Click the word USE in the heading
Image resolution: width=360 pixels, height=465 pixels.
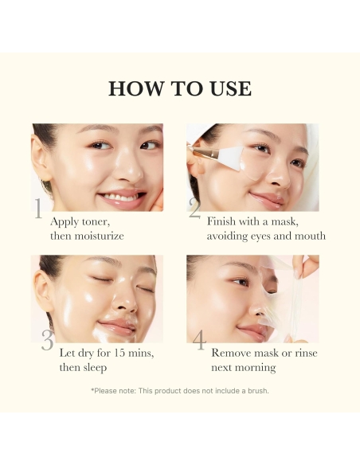click(x=229, y=88)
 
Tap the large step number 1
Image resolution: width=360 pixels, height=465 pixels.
click(x=37, y=209)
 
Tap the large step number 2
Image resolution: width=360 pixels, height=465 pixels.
click(x=195, y=209)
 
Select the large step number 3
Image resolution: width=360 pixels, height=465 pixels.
click(x=47, y=341)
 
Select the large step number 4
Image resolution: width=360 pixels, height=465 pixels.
click(x=198, y=341)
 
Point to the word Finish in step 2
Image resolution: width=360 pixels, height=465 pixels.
click(x=223, y=222)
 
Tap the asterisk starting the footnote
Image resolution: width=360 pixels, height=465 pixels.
click(x=92, y=390)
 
